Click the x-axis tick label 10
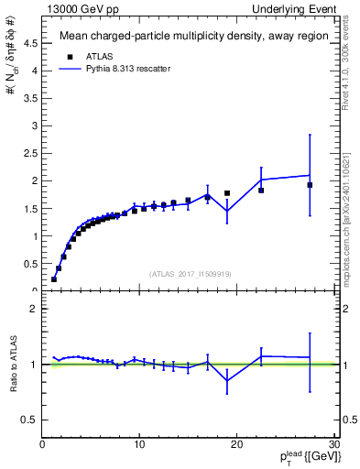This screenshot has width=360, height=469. click(x=139, y=445)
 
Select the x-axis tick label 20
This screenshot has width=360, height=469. click(x=236, y=445)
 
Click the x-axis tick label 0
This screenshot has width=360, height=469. click(x=43, y=445)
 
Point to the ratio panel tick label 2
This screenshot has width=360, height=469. click(x=36, y=309)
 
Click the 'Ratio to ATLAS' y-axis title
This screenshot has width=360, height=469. click(x=12, y=364)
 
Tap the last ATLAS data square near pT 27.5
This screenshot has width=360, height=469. click(x=310, y=185)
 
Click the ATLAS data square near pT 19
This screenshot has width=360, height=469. click(x=227, y=193)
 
